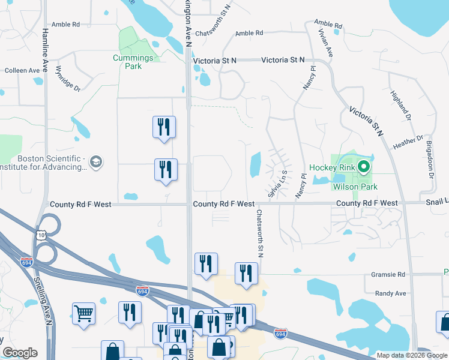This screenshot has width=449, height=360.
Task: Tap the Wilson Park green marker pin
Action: pyautogui.click(x=363, y=167)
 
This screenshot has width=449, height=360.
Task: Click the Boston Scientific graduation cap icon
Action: pyautogui.click(x=96, y=162)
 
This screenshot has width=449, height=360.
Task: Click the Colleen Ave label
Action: pyautogui.click(x=22, y=70)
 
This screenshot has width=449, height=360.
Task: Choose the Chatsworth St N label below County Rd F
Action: pyautogui.click(x=260, y=233)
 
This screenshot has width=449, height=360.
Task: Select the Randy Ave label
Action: pyautogui.click(x=390, y=293)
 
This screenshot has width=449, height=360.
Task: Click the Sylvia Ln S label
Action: pyautogui.click(x=278, y=184)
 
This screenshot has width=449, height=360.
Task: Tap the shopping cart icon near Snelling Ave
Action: pyautogui.click(x=83, y=312)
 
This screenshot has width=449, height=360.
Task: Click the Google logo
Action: pyautogui.click(x=20, y=353)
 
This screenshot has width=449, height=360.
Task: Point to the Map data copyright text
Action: pyautogui.click(x=412, y=355)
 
